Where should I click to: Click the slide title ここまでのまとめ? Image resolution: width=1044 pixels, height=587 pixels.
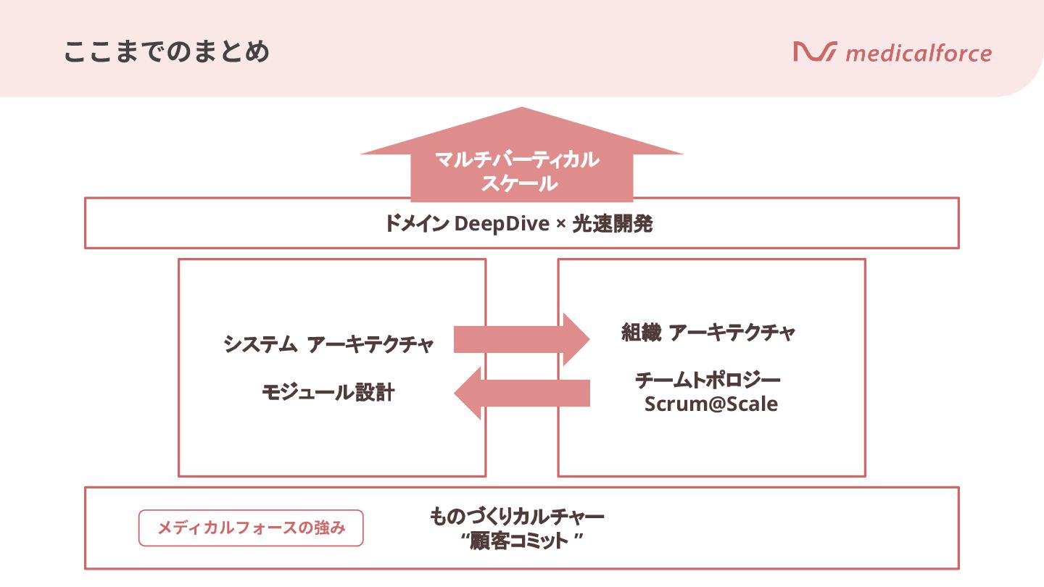pos(167,53)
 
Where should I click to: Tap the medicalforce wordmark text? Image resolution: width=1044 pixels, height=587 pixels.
pos(919,54)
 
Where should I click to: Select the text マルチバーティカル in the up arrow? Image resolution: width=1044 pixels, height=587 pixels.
pos(517,159)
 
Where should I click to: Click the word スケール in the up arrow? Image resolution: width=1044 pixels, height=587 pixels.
pos(519,183)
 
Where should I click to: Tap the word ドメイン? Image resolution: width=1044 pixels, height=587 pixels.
pos(416,225)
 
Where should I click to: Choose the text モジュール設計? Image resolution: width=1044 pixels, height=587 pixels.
pos(328,393)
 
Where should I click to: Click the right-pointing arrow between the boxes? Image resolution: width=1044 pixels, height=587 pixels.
pos(521,339)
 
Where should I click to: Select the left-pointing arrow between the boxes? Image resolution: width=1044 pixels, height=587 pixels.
pos(521,393)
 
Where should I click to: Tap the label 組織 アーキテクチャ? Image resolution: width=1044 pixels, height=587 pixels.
pos(708,333)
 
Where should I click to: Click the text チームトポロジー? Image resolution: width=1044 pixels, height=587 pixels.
pos(708,380)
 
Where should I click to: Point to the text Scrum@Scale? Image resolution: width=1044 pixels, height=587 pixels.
pos(710,404)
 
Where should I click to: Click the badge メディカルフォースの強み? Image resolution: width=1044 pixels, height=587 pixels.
pos(251,528)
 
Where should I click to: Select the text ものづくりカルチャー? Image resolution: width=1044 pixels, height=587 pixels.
pos(517,517)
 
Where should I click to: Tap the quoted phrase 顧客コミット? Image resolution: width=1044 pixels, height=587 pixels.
pos(526,541)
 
